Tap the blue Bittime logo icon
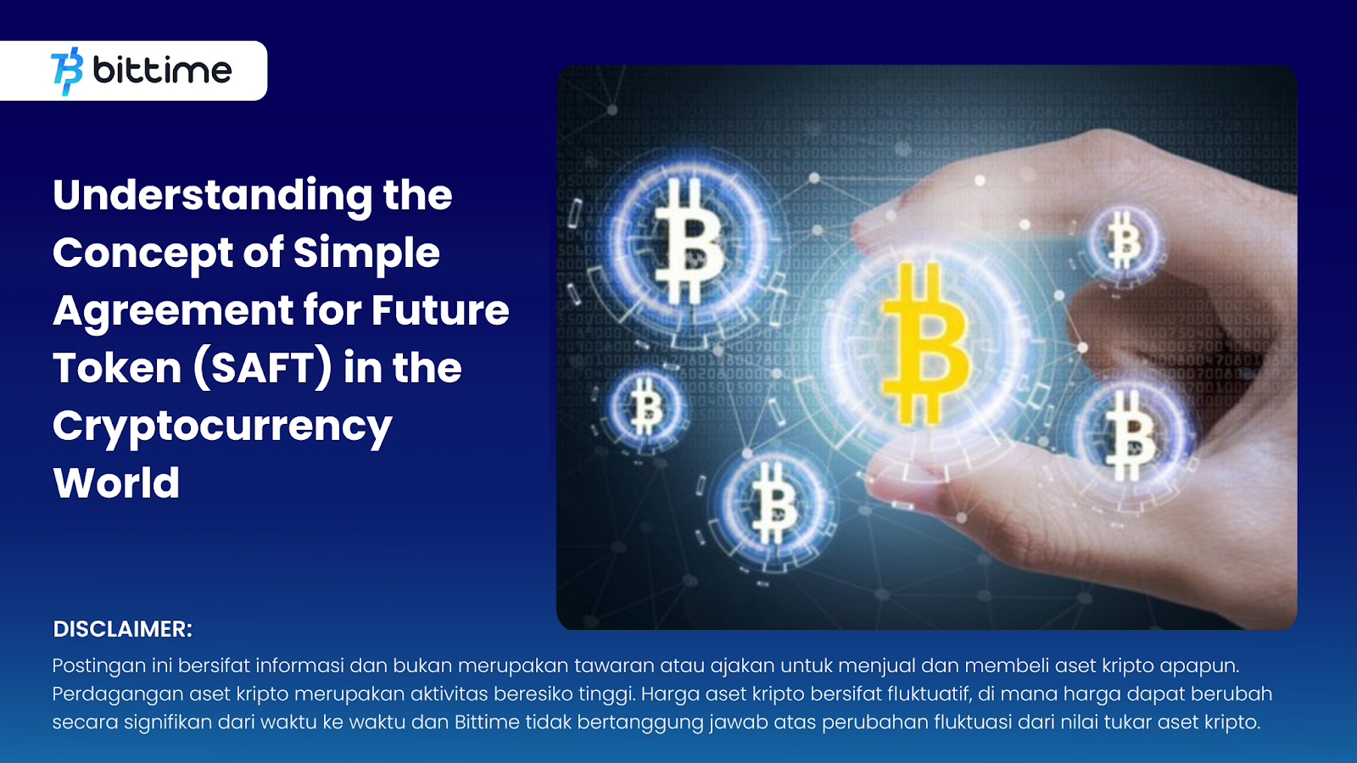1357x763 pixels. click(67, 71)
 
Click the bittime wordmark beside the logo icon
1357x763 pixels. click(162, 70)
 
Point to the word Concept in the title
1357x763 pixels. click(143, 254)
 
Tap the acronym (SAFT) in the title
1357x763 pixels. click(263, 368)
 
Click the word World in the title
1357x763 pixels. click(116, 483)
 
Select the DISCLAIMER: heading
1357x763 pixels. click(122, 629)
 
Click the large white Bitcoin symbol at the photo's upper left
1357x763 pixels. click(690, 241)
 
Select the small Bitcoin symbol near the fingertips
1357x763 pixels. click(1124, 241)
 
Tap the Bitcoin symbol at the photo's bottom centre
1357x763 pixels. click(773, 504)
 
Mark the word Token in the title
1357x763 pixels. click(117, 368)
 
